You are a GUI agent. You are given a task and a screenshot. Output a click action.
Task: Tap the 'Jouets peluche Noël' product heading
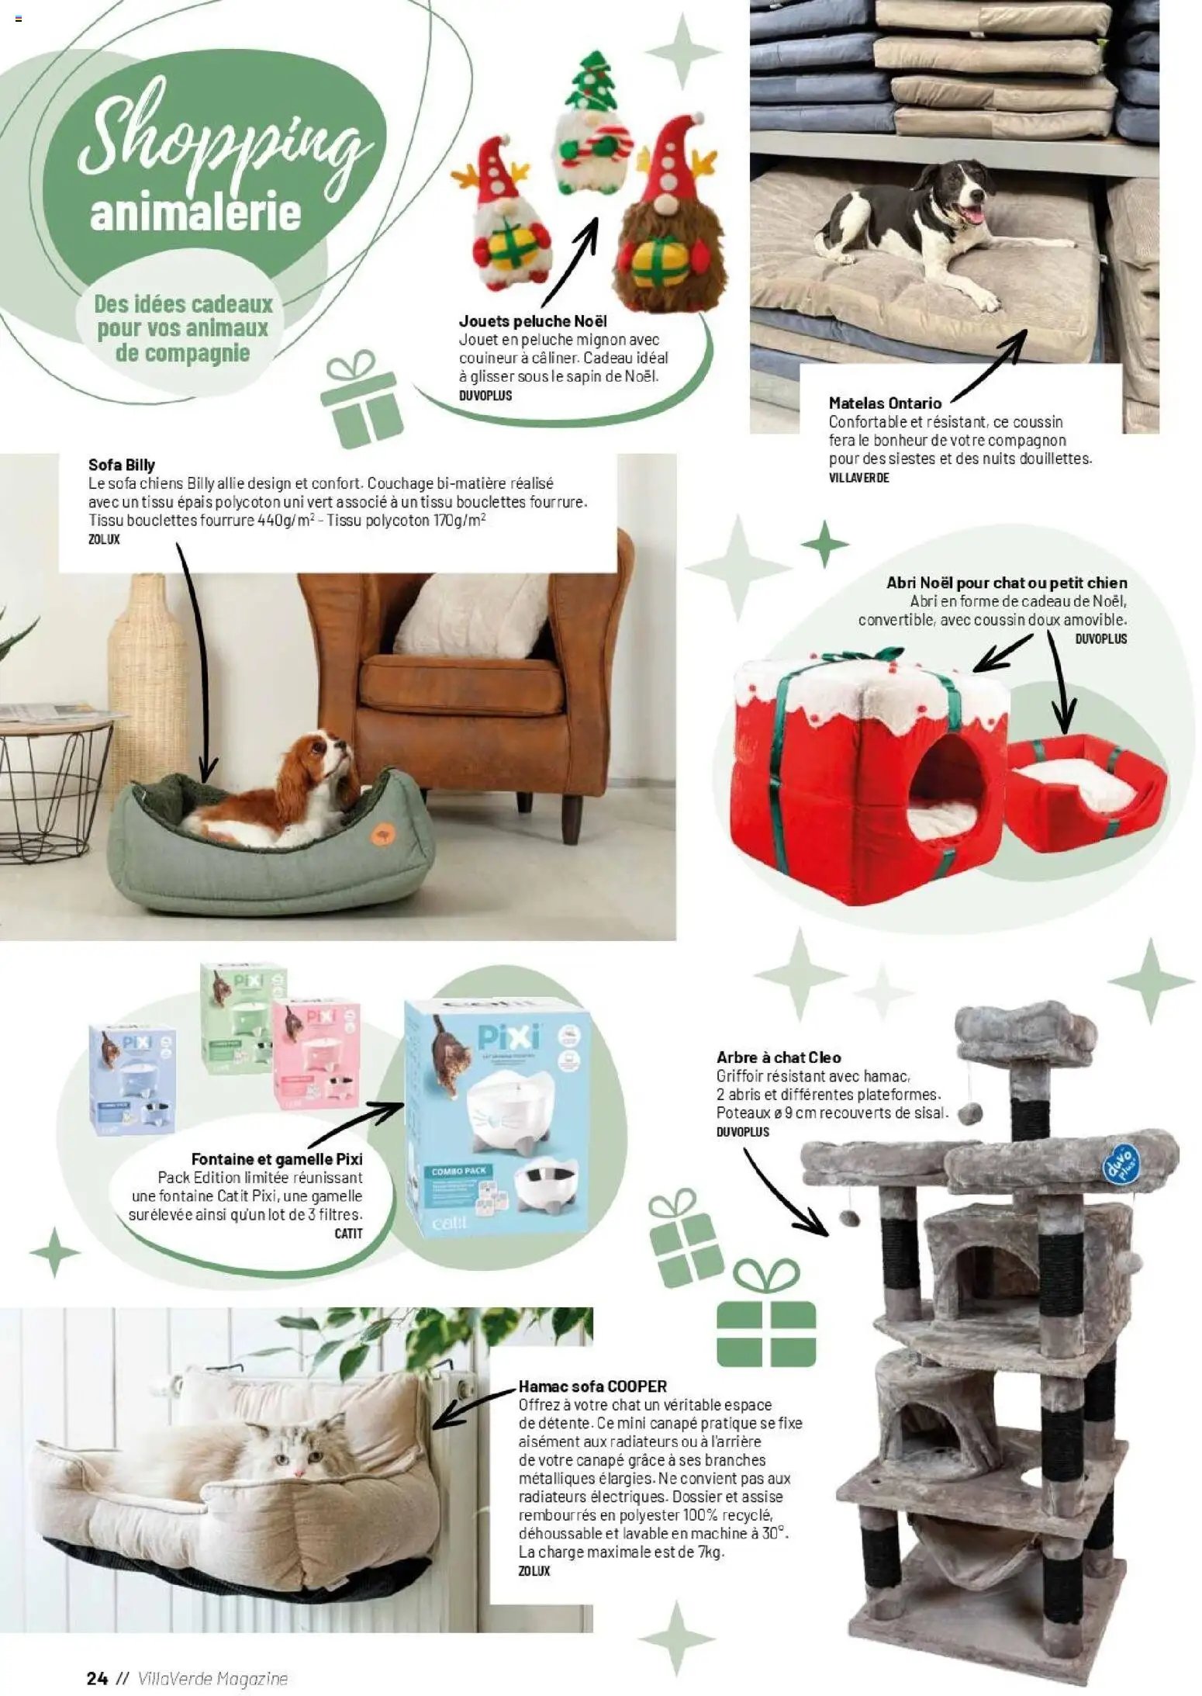pos(533,321)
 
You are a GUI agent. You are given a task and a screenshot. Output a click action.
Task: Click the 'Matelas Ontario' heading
pos(885,403)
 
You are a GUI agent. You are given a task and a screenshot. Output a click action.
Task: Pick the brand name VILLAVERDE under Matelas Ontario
pos(858,478)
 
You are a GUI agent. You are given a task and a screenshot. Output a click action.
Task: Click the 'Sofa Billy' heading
pos(122,466)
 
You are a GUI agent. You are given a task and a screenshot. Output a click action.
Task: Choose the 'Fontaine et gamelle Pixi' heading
pos(277,1160)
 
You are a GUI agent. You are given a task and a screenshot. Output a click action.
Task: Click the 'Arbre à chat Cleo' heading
pos(779,1057)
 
